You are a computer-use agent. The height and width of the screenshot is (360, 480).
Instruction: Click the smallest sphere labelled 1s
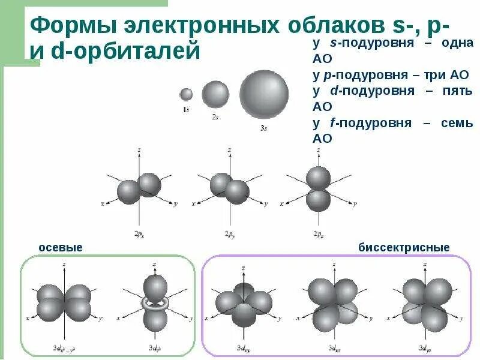(186, 94)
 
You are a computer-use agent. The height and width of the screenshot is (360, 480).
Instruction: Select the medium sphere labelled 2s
(215, 94)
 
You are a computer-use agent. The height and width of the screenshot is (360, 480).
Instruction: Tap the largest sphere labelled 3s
(264, 94)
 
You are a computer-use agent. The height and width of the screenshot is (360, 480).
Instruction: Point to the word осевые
(61, 247)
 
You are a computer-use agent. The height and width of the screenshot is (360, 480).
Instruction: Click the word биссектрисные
(404, 247)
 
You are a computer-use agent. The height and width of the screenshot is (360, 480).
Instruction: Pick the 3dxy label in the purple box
(243, 347)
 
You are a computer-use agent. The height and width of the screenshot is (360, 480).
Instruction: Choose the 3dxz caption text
(332, 347)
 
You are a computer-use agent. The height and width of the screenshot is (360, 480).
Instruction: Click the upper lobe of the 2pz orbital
(318, 178)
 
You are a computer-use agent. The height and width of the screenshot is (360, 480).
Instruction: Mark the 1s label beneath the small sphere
(186, 110)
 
